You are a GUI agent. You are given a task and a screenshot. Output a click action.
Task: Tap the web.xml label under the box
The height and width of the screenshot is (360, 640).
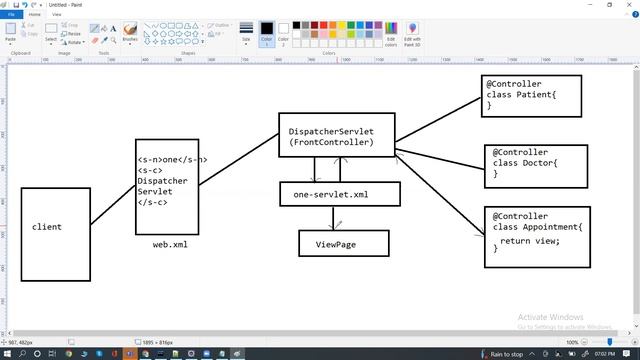click(x=169, y=243)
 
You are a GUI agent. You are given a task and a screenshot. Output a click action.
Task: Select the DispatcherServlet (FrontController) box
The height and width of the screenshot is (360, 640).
click(x=337, y=136)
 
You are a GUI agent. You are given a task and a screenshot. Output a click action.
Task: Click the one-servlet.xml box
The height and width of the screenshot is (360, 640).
click(x=339, y=194)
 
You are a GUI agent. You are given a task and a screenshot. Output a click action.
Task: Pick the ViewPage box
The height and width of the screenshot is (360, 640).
click(x=342, y=243)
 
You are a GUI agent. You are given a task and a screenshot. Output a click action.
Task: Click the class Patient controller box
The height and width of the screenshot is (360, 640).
click(x=524, y=92)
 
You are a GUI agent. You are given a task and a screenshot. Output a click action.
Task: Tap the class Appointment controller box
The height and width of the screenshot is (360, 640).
click(x=536, y=234)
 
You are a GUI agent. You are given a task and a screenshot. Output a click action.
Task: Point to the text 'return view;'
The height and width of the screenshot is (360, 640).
click(x=530, y=240)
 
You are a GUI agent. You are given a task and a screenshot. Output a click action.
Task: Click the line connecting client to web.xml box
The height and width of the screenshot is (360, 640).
click(x=113, y=204)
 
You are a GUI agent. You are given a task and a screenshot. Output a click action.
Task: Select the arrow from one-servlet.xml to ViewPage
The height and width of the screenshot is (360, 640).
click(x=339, y=218)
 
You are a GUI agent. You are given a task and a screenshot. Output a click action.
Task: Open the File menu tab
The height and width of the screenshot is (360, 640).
click(x=11, y=15)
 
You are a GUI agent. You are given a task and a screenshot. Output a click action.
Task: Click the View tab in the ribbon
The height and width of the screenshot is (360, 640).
click(x=56, y=15)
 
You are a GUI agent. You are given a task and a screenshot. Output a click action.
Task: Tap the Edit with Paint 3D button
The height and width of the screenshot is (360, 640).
click(x=413, y=34)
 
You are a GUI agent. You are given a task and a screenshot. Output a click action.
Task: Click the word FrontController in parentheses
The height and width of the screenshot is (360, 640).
click(x=332, y=143)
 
